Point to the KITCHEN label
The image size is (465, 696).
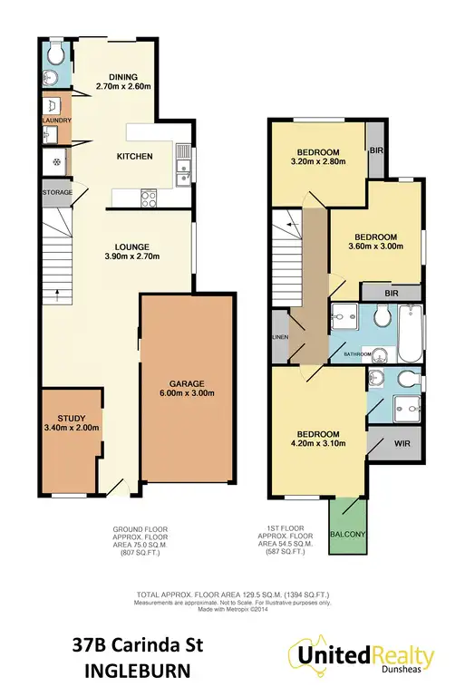134,157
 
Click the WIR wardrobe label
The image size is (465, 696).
401,444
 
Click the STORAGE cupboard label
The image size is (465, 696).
55,193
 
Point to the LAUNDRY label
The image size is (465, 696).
54,119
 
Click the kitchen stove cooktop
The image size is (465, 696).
148,197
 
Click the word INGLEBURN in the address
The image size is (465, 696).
140,672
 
